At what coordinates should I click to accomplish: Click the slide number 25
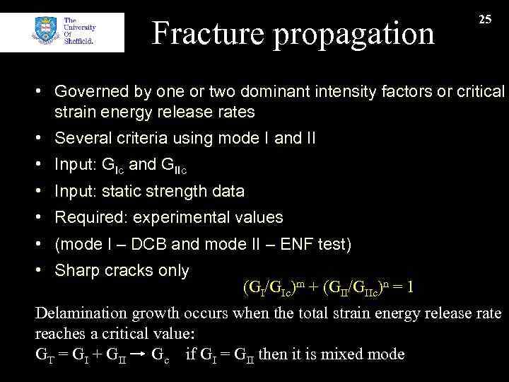pyautogui.click(x=485, y=20)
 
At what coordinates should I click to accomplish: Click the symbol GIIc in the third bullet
pyautogui.click(x=173, y=166)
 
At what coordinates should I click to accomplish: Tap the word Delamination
pyautogui.click(x=79, y=313)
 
